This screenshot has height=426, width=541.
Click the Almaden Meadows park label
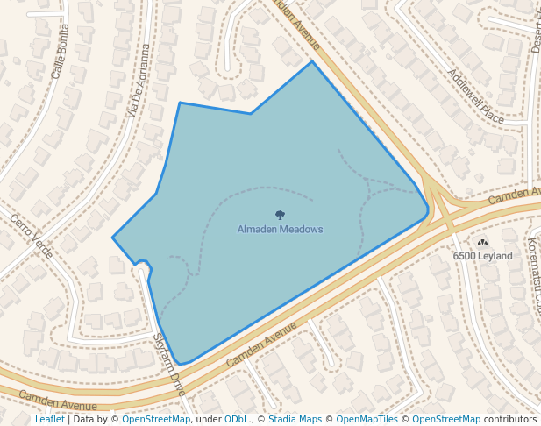click(x=280, y=229)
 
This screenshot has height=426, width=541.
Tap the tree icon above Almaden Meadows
click(x=280, y=215)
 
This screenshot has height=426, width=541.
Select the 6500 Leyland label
click(x=482, y=256)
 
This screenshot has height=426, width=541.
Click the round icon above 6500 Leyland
click(x=482, y=242)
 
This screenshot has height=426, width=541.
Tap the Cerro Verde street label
click(x=32, y=235)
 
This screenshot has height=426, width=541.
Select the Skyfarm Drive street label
click(x=168, y=362)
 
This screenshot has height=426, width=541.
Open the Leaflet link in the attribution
click(x=50, y=419)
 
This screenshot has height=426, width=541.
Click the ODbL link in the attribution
click(x=236, y=419)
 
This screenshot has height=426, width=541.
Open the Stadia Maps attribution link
click(x=295, y=419)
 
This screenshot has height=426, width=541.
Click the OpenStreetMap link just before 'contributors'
click(x=446, y=419)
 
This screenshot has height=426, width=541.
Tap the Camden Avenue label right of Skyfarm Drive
click(x=262, y=344)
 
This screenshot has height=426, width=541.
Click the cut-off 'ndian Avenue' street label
click(x=295, y=24)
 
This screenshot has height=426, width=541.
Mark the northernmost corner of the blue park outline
click(x=312, y=61)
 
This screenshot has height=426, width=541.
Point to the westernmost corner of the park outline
click(x=112, y=238)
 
